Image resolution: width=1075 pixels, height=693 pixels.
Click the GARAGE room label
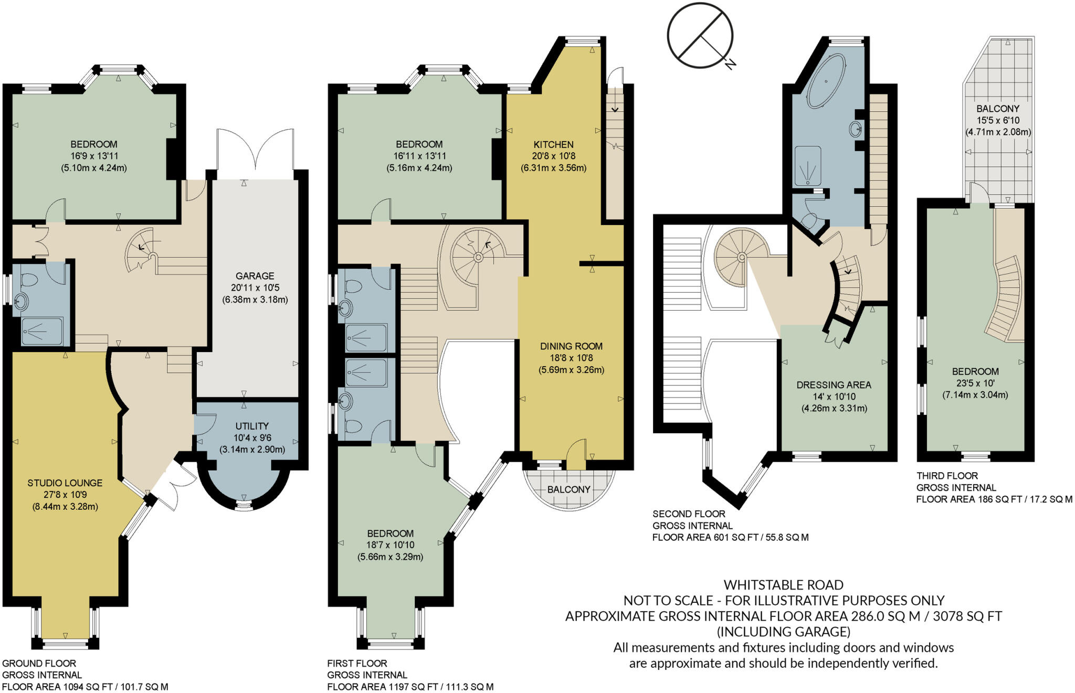click(255, 276)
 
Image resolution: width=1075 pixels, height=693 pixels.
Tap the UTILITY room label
click(252, 426)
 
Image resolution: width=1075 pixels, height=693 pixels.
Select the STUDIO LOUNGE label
click(65, 483)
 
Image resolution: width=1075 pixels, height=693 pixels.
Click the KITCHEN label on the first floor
click(553, 144)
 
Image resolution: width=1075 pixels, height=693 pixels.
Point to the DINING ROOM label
click(571, 346)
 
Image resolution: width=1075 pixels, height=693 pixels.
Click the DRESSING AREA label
click(834, 385)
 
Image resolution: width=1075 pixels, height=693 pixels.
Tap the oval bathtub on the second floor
click(826, 81)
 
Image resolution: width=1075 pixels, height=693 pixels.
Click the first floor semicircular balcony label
click(568, 489)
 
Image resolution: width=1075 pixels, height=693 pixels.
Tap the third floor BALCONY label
click(997, 109)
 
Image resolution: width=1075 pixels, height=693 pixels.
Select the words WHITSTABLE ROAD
click(783, 585)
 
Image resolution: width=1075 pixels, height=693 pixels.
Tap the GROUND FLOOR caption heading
click(39, 663)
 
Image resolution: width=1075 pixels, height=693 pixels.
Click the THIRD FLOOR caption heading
click(947, 476)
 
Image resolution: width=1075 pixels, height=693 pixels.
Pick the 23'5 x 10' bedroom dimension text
click(975, 383)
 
